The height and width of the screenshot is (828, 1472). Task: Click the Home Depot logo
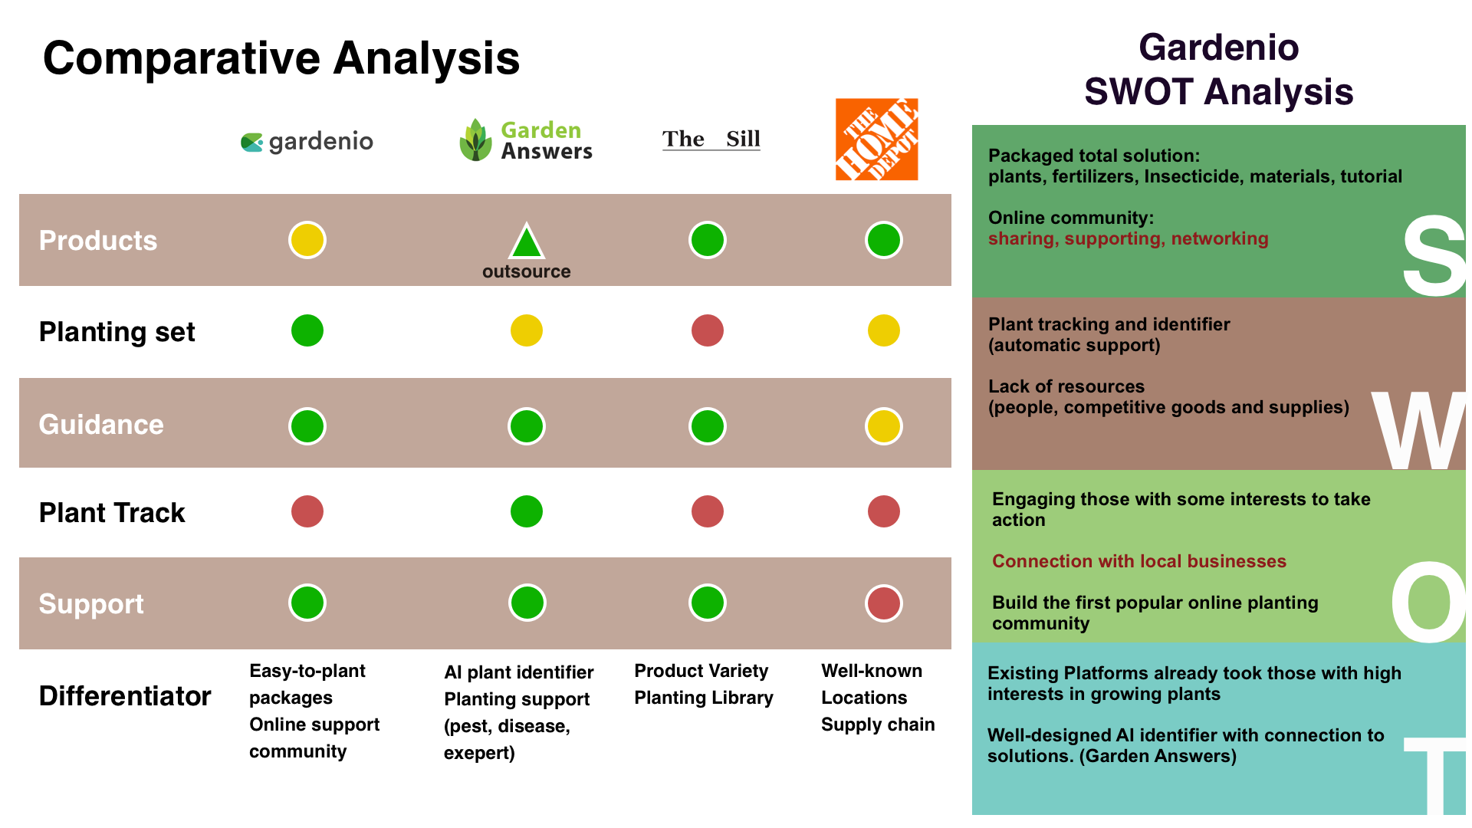pos(876,140)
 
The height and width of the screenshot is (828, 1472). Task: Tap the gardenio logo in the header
pos(307,142)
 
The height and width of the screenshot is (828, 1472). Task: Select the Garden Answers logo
pos(526,140)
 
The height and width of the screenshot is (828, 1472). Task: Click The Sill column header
pos(711,139)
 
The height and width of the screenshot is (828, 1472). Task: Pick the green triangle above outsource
pos(527,242)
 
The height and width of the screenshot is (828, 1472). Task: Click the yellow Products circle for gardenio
pos(307,240)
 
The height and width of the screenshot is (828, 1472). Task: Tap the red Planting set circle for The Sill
pos(707,330)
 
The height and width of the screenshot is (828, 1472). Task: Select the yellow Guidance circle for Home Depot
pos(883,426)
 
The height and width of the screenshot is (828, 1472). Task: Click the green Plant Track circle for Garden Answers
pos(527,511)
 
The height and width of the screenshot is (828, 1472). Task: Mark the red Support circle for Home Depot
pos(883,603)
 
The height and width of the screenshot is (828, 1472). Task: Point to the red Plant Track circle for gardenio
pos(307,511)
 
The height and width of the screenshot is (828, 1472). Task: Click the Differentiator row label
pos(125,696)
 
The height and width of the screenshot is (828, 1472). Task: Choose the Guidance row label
pos(101,425)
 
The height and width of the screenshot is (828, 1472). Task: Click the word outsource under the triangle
pos(527,271)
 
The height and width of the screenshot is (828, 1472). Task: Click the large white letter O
pos(1428,603)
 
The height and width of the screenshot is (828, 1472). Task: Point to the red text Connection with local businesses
pos(1138,561)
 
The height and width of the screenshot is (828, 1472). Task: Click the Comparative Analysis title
pos(281,58)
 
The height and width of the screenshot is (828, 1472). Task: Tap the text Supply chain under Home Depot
pos(878,724)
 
